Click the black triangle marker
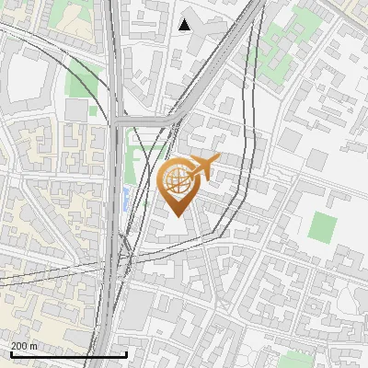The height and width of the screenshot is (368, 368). tap(185, 25)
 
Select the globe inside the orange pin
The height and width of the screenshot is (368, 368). tap(177, 179)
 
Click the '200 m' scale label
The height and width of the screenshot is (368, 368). tap(24, 346)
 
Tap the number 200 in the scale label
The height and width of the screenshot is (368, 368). tap(19, 346)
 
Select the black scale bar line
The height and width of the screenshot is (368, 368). tap(68, 355)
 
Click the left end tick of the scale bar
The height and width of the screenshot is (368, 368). tap(11, 353)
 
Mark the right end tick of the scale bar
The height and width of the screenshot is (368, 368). tap(126, 353)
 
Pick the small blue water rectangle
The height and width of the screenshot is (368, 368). tap(126, 197)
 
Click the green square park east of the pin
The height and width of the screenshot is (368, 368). tap(321, 226)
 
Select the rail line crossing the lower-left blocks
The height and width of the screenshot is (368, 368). tap(55, 275)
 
